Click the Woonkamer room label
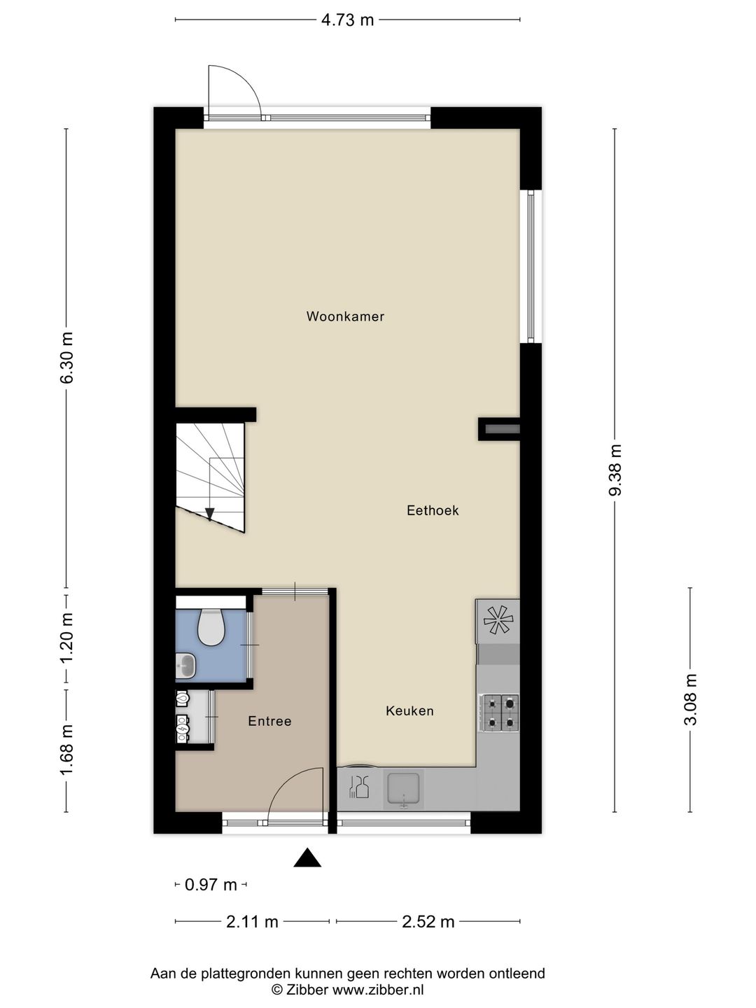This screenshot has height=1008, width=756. click(x=345, y=316)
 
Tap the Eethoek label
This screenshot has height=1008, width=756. click(x=433, y=510)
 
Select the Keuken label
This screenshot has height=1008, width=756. click(x=409, y=711)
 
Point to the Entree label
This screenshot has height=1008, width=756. click(x=269, y=721)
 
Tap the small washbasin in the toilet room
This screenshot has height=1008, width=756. click(x=186, y=666)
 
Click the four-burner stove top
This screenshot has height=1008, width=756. click(x=499, y=713)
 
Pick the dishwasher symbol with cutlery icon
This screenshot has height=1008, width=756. click(x=359, y=788)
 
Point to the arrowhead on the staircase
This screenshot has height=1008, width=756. click(x=210, y=514)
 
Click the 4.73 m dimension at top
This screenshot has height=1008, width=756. click(x=347, y=20)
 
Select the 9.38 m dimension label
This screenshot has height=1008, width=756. click(x=615, y=470)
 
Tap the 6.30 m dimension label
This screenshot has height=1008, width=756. click(x=66, y=357)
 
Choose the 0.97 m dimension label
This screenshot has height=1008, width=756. click(x=211, y=884)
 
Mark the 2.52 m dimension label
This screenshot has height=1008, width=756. click(x=428, y=920)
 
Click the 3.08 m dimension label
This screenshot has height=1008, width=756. click(x=690, y=699)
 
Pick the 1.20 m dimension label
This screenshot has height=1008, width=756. click(x=66, y=638)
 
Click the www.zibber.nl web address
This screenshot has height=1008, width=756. click(x=378, y=990)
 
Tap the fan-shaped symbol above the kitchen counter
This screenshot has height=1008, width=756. click(x=498, y=621)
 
